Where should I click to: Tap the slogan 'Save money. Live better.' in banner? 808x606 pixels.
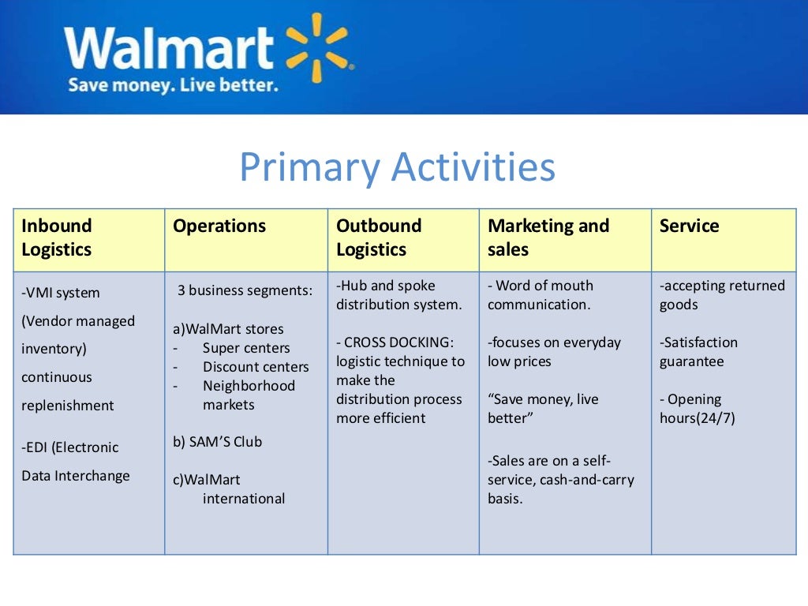tap(173, 84)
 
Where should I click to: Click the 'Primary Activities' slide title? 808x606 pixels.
tap(397, 167)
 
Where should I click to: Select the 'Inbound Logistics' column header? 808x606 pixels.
tap(57, 238)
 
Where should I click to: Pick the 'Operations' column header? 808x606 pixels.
tap(219, 226)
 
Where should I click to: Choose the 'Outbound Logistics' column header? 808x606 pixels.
tap(379, 238)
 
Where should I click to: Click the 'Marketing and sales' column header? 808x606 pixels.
tap(548, 238)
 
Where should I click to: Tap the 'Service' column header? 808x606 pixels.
tap(689, 226)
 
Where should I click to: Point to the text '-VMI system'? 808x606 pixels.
tap(61, 293)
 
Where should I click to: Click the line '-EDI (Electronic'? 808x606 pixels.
tap(70, 447)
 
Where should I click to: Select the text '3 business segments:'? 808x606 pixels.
tap(245, 290)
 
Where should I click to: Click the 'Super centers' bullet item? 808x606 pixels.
tap(246, 348)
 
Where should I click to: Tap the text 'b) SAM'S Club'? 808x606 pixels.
tap(217, 442)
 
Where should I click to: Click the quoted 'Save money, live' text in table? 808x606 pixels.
tap(543, 399)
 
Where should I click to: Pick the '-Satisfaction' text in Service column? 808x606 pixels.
tap(698, 342)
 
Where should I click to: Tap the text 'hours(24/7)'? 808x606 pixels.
tap(697, 418)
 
